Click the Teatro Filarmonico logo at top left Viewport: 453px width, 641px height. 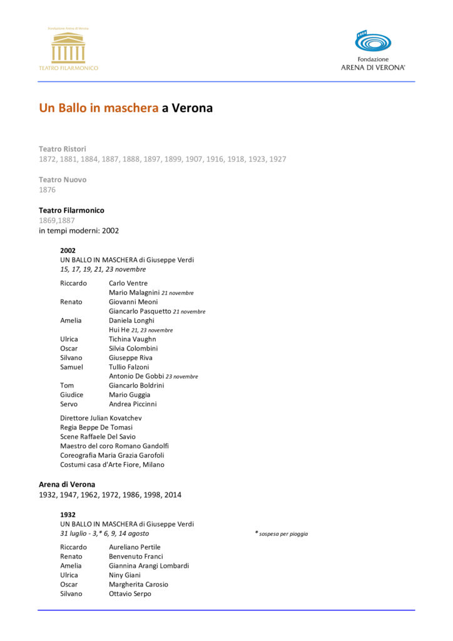click(x=68, y=49)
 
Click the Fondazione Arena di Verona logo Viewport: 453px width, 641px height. click(x=373, y=50)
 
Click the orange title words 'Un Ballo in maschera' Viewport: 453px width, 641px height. click(x=99, y=108)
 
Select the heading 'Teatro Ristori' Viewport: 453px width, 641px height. click(x=63, y=149)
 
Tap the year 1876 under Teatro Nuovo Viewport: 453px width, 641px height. click(x=48, y=190)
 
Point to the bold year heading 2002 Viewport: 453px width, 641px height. click(x=68, y=250)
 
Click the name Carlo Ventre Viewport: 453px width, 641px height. click(x=128, y=283)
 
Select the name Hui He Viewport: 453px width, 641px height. click(x=119, y=330)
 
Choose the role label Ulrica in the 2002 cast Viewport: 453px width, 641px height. click(x=69, y=339)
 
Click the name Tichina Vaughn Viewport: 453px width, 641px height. click(x=133, y=339)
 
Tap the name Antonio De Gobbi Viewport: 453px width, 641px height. click(x=136, y=376)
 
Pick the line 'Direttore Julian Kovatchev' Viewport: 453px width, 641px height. click(x=105, y=418)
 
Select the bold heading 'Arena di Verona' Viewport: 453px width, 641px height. click(x=67, y=485)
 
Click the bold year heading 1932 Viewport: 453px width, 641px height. click(x=68, y=515)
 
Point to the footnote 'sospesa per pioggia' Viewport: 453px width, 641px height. click(x=283, y=534)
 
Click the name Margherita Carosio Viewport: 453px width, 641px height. click(x=138, y=584)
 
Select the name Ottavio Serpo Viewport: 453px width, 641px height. click(x=130, y=593)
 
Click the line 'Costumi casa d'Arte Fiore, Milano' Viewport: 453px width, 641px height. click(x=112, y=464)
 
